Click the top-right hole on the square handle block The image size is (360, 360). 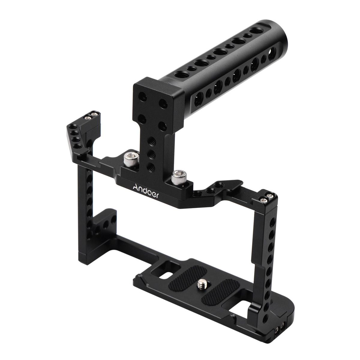163,104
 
